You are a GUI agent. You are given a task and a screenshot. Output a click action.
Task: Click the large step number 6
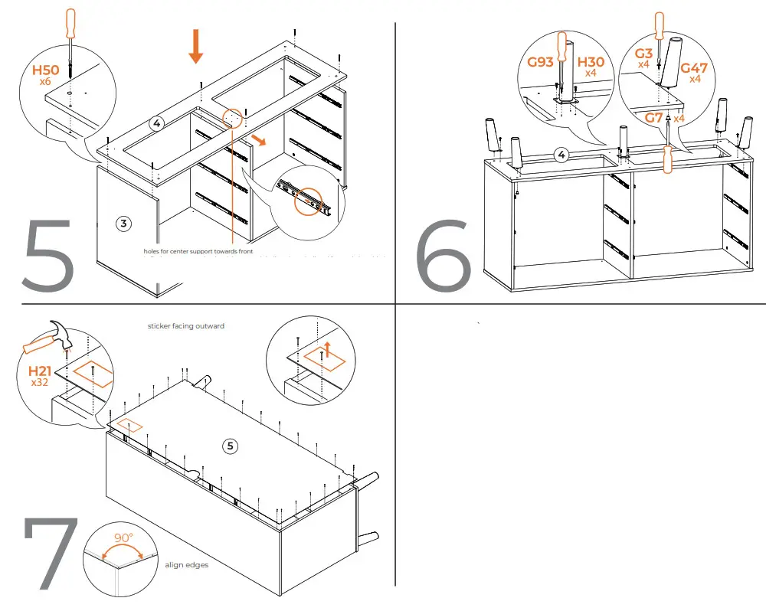point(444,254)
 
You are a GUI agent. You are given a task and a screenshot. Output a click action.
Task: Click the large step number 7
point(51,553)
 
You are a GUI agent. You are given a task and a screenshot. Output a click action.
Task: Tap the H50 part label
point(45,71)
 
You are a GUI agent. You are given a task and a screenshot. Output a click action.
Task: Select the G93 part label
point(541,62)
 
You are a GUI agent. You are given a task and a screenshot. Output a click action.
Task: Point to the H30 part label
point(591,62)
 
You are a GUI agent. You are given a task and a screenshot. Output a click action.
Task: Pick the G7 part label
point(653,117)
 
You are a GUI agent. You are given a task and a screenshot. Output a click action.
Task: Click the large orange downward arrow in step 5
point(196,46)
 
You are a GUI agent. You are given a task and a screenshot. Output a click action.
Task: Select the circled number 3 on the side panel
point(123,223)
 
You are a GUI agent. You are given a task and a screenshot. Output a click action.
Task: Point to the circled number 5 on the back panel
point(230,446)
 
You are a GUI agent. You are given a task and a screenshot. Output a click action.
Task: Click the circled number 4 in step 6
point(561,155)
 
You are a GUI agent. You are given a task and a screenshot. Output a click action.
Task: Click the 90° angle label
point(124,537)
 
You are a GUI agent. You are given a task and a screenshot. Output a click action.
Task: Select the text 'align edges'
point(187,565)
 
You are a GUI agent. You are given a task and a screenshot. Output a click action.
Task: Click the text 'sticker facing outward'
point(186,326)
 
